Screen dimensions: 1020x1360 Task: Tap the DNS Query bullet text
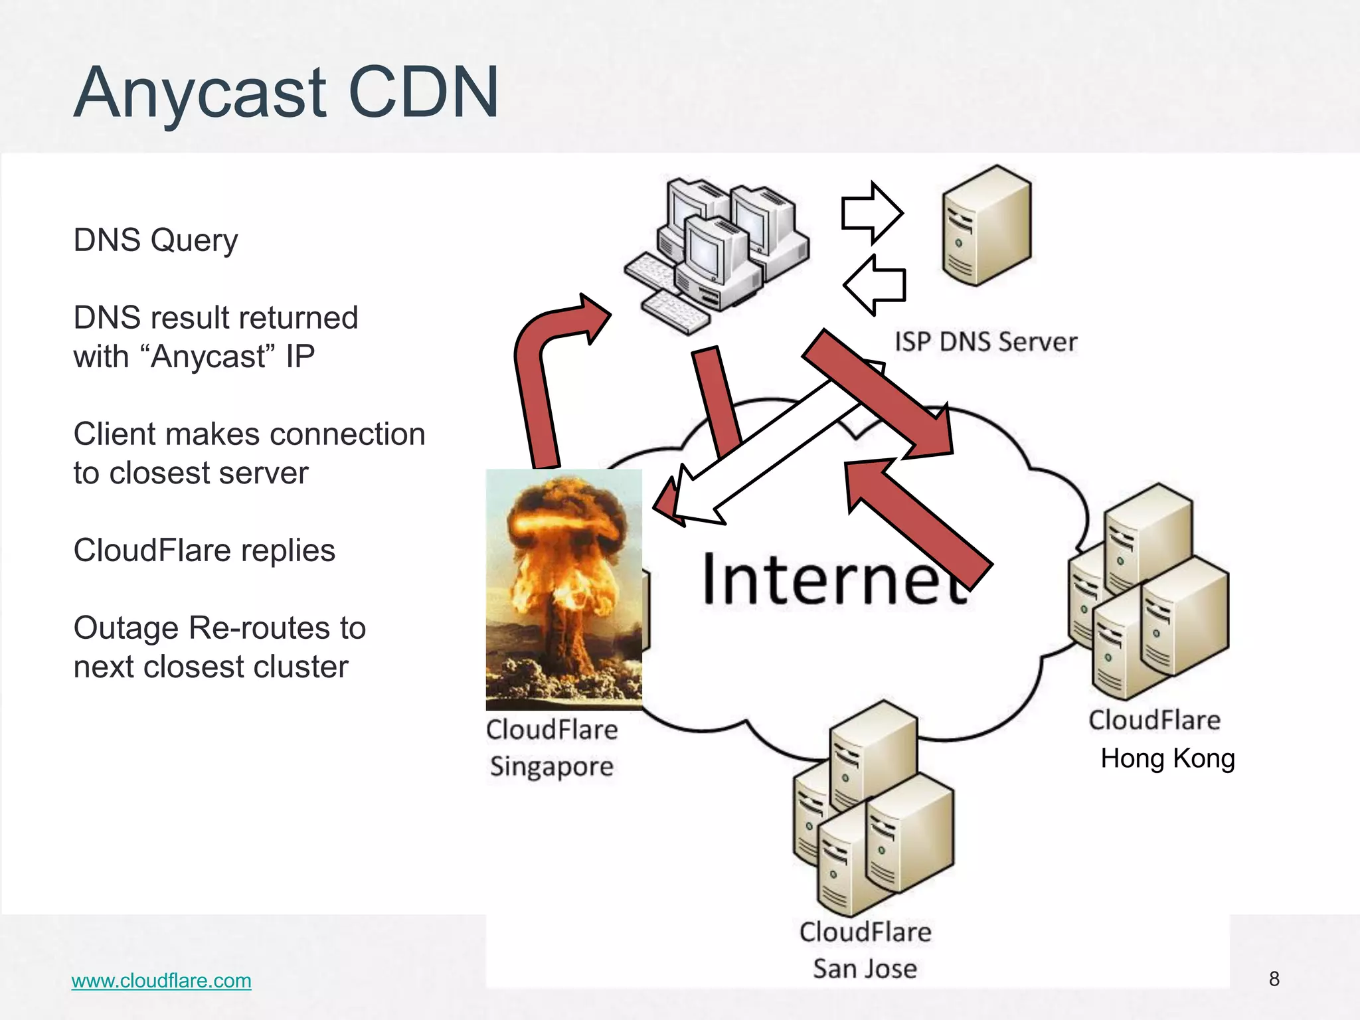pos(155,240)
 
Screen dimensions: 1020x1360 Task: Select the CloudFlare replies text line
pos(204,551)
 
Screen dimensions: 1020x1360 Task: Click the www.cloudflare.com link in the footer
pos(161,980)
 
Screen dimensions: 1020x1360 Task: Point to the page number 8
pos(1274,979)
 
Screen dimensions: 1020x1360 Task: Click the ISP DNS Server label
pos(985,342)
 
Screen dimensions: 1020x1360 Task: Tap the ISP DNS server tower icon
pos(986,226)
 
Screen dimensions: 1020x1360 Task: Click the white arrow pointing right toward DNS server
pos(871,213)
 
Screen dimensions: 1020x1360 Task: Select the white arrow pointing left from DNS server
pos(875,285)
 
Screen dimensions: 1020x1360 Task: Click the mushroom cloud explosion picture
pos(564,589)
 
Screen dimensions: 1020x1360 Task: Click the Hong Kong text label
pos(1167,758)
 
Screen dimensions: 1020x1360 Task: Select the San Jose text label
pos(865,969)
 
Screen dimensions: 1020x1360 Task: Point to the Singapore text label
pos(551,766)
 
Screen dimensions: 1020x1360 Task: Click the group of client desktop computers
pos(717,256)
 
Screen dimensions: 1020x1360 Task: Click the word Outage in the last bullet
pos(126,628)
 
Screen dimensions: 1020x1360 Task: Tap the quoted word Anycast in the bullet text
pos(207,357)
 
